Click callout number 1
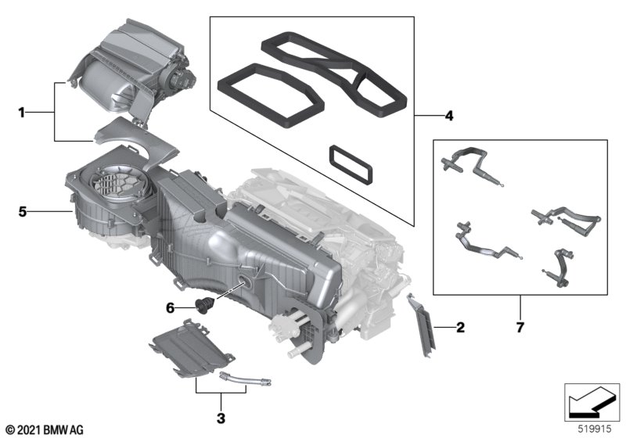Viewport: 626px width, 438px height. tap(23, 113)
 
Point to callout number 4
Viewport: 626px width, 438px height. tap(448, 117)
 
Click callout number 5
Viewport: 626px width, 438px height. tap(23, 211)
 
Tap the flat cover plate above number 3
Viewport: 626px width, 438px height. tap(185, 346)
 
